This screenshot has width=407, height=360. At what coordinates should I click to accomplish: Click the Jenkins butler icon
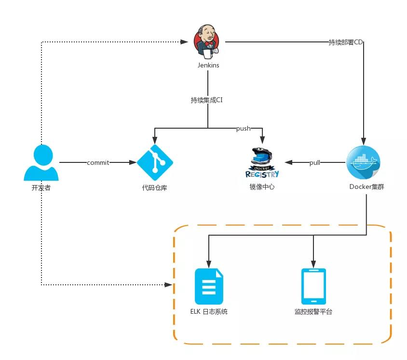pyautogui.click(x=208, y=41)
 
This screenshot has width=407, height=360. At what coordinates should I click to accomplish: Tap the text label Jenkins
pyautogui.click(x=208, y=65)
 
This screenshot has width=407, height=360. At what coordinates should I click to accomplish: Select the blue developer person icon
pyautogui.click(x=41, y=163)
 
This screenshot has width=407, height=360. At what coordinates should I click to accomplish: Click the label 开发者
pyautogui.click(x=41, y=187)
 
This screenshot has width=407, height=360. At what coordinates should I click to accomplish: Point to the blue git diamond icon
pyautogui.click(x=155, y=162)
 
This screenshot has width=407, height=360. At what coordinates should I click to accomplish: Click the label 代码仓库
pyautogui.click(x=155, y=187)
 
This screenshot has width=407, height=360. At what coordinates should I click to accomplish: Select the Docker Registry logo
pyautogui.click(x=262, y=163)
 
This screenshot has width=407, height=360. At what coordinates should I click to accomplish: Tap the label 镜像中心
pyautogui.click(x=262, y=187)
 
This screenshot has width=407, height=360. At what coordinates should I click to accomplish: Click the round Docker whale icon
pyautogui.click(x=364, y=162)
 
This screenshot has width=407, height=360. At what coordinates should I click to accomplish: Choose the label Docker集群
pyautogui.click(x=364, y=187)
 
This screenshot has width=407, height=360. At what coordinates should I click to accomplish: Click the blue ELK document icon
pyautogui.click(x=209, y=286)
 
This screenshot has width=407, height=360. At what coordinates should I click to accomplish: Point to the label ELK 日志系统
pyautogui.click(x=209, y=312)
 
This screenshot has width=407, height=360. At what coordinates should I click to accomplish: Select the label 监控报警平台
pyautogui.click(x=313, y=312)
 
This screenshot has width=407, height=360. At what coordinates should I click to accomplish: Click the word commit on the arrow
pyautogui.click(x=98, y=162)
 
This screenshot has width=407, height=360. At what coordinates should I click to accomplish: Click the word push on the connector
pyautogui.click(x=243, y=129)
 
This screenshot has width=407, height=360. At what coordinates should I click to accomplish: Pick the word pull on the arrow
pyautogui.click(x=315, y=162)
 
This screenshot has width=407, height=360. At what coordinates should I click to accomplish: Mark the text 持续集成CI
pyautogui.click(x=207, y=100)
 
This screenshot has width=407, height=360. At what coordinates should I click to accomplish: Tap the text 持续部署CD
pyautogui.click(x=345, y=42)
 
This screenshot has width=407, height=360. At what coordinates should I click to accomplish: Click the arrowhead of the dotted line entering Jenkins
pyautogui.click(x=185, y=42)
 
